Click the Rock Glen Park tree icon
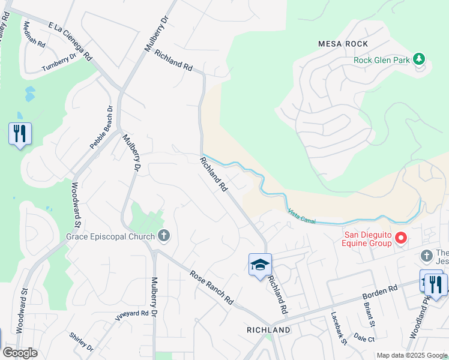[x=420, y=59]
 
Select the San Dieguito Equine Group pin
[x=400, y=239]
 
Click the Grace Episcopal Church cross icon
[x=163, y=236]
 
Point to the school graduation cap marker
[x=260, y=265]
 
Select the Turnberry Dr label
[x=59, y=64]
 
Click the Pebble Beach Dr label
[x=101, y=127]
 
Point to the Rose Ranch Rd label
[x=211, y=287]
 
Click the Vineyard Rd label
[x=131, y=314]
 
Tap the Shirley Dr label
[x=82, y=343]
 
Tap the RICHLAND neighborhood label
[x=268, y=330]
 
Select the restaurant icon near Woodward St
[x=20, y=134]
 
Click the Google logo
[x=19, y=352]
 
